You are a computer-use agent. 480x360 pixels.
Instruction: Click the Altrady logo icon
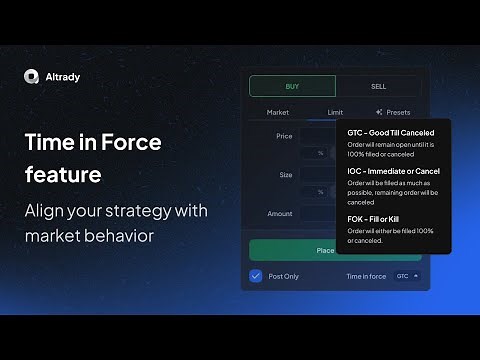coord(31,76)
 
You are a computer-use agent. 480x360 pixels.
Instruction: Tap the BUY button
coord(292,86)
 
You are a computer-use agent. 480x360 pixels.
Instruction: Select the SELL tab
coord(378,86)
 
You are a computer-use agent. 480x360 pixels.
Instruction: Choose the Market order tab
coord(277,112)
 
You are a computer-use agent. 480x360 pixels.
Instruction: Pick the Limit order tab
coord(334,112)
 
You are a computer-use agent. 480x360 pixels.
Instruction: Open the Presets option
coord(393,112)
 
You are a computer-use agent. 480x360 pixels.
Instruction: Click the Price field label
coord(284,134)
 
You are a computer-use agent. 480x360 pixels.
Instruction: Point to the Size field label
coord(286,174)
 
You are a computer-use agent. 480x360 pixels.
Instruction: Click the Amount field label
coord(280,213)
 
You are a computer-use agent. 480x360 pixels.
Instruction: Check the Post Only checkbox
coord(256,275)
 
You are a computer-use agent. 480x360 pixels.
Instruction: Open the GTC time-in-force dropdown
coord(407,275)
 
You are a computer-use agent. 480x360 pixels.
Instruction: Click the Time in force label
coord(366,275)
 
